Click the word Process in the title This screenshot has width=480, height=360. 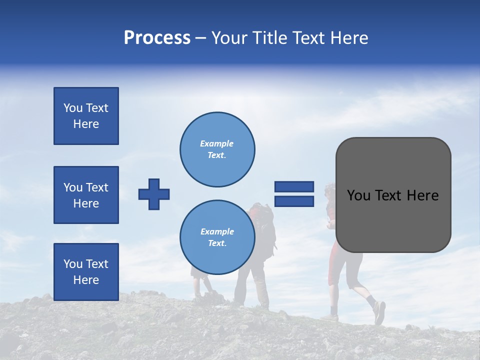[x=157, y=38]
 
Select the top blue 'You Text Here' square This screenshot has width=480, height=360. [x=86, y=116]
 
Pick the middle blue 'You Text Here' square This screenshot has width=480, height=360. [x=86, y=195]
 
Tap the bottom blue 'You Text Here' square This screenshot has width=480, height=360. [x=86, y=272]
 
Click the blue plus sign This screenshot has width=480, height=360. [x=154, y=194]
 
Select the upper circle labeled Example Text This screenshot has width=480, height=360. [x=217, y=149]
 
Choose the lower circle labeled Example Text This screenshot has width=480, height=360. [x=217, y=237]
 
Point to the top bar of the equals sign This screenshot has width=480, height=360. [x=294, y=187]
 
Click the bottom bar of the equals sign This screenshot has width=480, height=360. [x=294, y=201]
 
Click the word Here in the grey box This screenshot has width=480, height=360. [x=423, y=195]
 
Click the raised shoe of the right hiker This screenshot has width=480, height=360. [x=379, y=312]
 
